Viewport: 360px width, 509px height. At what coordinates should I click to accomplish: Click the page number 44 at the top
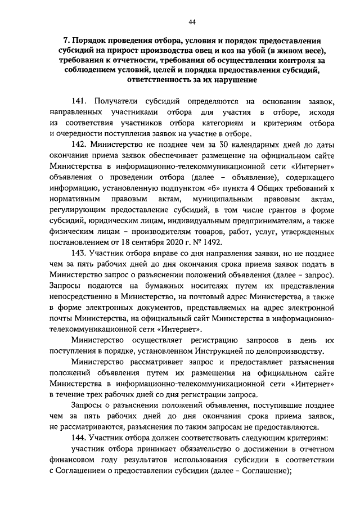tap(192, 22)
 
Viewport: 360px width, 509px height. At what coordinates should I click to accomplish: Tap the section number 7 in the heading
tap(65, 41)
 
